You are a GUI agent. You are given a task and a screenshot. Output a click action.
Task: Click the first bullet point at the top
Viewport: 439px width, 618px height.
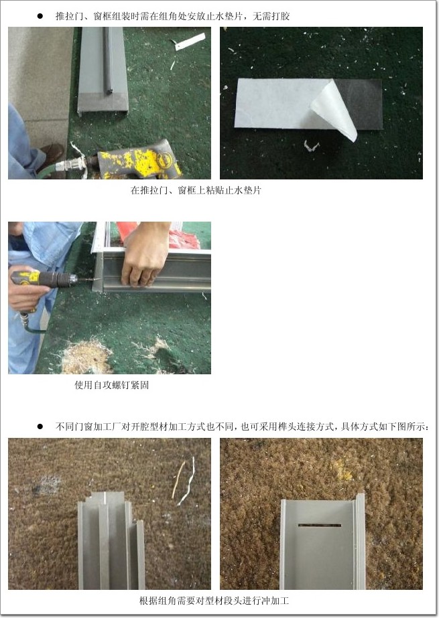pyautogui.click(x=40, y=16)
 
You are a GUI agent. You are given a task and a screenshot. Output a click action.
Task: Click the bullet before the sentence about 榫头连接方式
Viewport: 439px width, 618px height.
pyautogui.click(x=40, y=427)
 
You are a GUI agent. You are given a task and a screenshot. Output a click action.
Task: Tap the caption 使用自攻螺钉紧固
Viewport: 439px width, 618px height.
pyautogui.click(x=112, y=385)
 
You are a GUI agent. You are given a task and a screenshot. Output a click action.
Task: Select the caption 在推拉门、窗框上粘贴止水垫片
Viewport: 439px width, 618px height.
pyautogui.click(x=196, y=190)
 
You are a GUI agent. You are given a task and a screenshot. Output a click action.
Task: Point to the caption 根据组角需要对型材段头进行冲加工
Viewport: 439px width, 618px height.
pyautogui.click(x=214, y=601)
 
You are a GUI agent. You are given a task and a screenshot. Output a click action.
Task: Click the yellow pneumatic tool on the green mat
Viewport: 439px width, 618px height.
pyautogui.click(x=140, y=161)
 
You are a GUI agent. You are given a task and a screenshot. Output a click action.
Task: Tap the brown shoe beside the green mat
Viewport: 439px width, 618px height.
pyautogui.click(x=52, y=155)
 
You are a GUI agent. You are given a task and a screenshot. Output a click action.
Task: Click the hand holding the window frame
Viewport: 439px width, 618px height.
pyautogui.click(x=146, y=254)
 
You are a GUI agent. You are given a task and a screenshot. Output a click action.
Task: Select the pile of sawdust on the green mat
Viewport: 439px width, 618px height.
pyautogui.click(x=84, y=356)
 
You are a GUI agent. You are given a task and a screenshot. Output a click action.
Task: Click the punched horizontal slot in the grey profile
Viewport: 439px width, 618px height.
pyautogui.click(x=320, y=525)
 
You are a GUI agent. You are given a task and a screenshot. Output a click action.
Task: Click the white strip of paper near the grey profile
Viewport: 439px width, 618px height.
pyautogui.click(x=190, y=42)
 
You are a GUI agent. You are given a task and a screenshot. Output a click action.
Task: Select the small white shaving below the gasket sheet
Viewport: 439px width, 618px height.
pyautogui.click(x=311, y=147)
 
